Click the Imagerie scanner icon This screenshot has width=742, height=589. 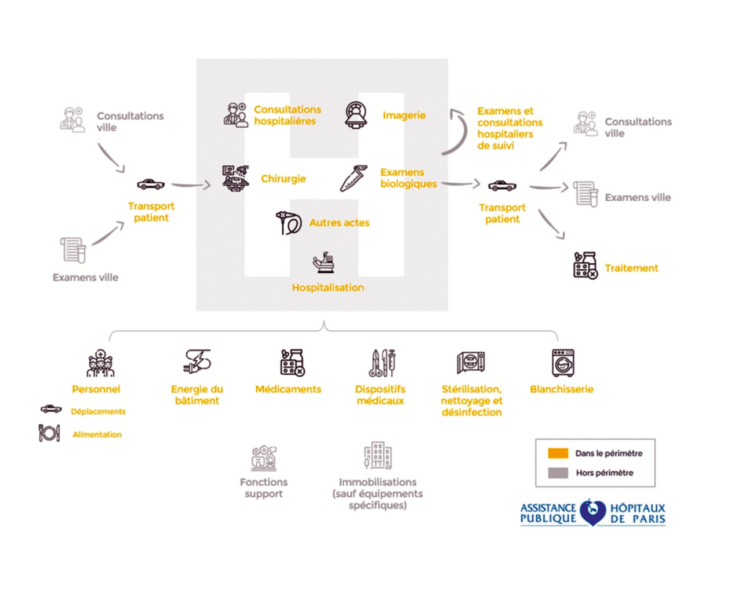pyautogui.click(x=356, y=115)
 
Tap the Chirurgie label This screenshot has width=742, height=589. pyautogui.click(x=283, y=179)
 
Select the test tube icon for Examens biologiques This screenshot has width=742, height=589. pyautogui.click(x=354, y=179)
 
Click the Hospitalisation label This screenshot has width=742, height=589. pyautogui.click(x=328, y=288)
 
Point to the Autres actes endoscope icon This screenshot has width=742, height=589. pyautogui.click(x=288, y=223)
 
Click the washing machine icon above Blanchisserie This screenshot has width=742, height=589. pyautogui.click(x=562, y=363)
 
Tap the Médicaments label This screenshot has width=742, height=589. pyautogui.click(x=288, y=389)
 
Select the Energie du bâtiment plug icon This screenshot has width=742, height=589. pyautogui.click(x=197, y=362)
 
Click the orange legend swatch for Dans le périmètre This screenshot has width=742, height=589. pyautogui.click(x=558, y=453)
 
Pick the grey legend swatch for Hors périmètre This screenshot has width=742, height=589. pyautogui.click(x=558, y=473)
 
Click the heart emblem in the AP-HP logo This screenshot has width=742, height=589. pyautogui.click(x=592, y=512)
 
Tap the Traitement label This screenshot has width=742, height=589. pyautogui.click(x=631, y=268)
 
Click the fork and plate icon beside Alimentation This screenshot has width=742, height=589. pyautogui.click(x=49, y=433)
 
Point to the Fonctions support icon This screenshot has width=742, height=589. pyautogui.click(x=264, y=458)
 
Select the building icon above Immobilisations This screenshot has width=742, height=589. pyautogui.click(x=377, y=456)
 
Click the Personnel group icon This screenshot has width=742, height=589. pyautogui.click(x=100, y=364)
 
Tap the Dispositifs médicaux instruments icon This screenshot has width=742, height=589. pyautogui.click(x=383, y=363)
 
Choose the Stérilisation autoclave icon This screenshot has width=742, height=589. pyautogui.click(x=471, y=363)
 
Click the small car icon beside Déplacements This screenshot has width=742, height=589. pyautogui.click(x=51, y=409)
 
